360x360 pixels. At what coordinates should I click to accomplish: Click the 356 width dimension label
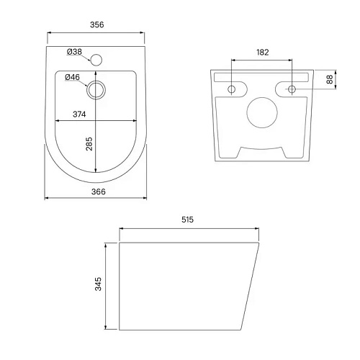click(x=97, y=24)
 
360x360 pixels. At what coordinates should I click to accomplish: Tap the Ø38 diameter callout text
click(x=74, y=52)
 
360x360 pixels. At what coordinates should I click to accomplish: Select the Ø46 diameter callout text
click(x=72, y=77)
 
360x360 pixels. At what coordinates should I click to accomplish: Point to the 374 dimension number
click(x=79, y=114)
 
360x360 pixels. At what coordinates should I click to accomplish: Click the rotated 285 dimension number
click(x=89, y=144)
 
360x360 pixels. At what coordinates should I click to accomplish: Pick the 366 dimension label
click(x=99, y=192)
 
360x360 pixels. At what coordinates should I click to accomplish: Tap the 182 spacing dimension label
click(x=263, y=53)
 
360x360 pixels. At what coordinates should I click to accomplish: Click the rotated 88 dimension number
click(x=330, y=79)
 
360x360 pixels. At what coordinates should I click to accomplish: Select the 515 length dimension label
click(x=187, y=220)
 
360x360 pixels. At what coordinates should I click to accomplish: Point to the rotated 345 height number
click(x=98, y=284)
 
